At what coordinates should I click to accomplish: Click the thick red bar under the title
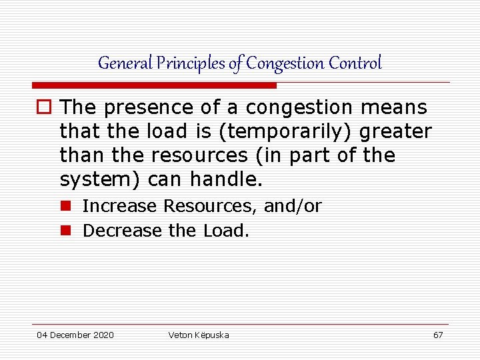(154, 85)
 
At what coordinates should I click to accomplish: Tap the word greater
(395, 131)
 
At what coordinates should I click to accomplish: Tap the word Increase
(121, 207)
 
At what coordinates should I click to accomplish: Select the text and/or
(293, 207)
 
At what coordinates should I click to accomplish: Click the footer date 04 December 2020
(75, 335)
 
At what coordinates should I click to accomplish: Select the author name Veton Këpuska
(198, 335)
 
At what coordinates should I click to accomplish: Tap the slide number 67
(438, 335)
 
